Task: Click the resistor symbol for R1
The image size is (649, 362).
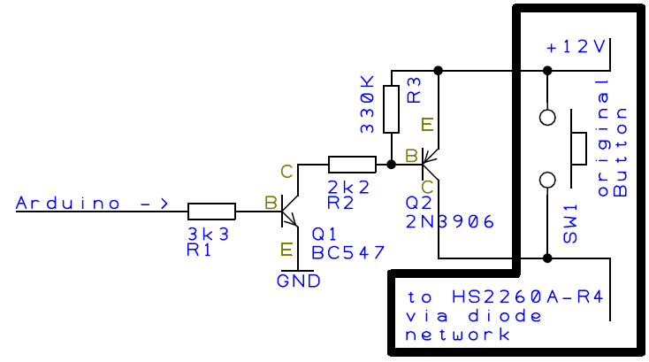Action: pos(212,211)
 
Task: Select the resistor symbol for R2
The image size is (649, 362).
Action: pos(353,164)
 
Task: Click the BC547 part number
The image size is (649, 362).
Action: pos(348,252)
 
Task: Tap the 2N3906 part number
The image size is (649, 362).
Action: pos(448,220)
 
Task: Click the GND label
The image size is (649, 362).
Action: pos(298,281)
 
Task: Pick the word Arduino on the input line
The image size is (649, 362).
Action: pos(69,204)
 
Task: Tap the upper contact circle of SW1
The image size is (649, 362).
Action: pos(547,117)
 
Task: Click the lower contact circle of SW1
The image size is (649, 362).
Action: pos(547,180)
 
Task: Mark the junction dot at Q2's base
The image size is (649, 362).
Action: pos(391,164)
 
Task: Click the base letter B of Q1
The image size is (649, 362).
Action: pos(270,204)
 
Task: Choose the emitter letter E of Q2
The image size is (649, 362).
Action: pos(429,125)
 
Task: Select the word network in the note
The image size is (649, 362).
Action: pos(457,335)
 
